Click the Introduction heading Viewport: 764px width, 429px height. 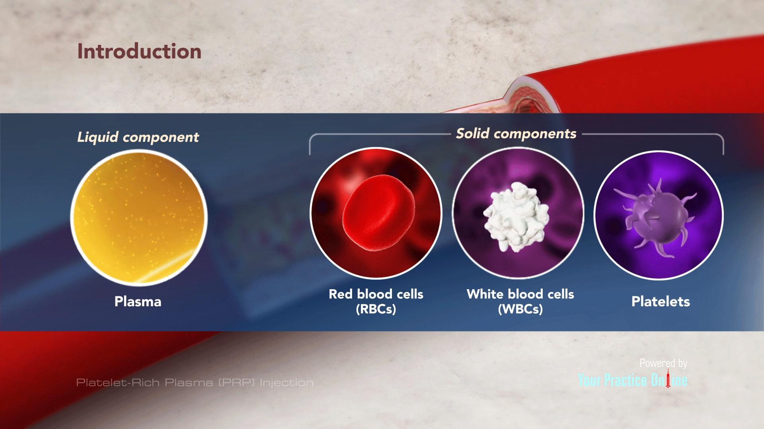139,52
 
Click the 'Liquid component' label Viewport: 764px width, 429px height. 138,137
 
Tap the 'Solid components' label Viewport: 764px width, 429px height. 516,133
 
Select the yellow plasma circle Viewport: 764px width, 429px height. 139,217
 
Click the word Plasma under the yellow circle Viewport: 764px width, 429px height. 138,301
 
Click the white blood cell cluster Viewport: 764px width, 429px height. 516,216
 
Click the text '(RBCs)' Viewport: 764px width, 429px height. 376,309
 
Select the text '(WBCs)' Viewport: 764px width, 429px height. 520,309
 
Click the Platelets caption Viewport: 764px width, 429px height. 661,301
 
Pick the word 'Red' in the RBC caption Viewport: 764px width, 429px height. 341,294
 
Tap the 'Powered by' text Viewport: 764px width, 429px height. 663,363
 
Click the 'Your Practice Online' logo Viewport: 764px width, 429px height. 632,381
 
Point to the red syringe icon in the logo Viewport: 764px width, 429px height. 668,379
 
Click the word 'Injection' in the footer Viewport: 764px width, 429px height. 286,383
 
